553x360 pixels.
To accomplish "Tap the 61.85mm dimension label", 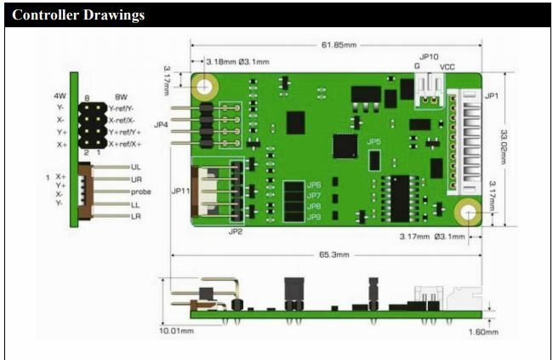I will pyautogui.click(x=336, y=44).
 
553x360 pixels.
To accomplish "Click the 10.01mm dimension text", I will pyautogui.click(x=176, y=330).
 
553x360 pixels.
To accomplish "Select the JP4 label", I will pyautogui.click(x=162, y=125).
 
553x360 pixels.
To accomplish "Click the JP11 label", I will pyautogui.click(x=181, y=191).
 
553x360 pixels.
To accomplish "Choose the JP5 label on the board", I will pyautogui.click(x=373, y=141).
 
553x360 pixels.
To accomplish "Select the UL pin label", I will pyautogui.click(x=136, y=168).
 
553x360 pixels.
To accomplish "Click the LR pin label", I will pyautogui.click(x=136, y=216).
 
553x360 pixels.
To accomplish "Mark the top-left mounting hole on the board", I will pyautogui.click(x=205, y=86).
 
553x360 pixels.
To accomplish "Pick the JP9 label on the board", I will pyautogui.click(x=314, y=217).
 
